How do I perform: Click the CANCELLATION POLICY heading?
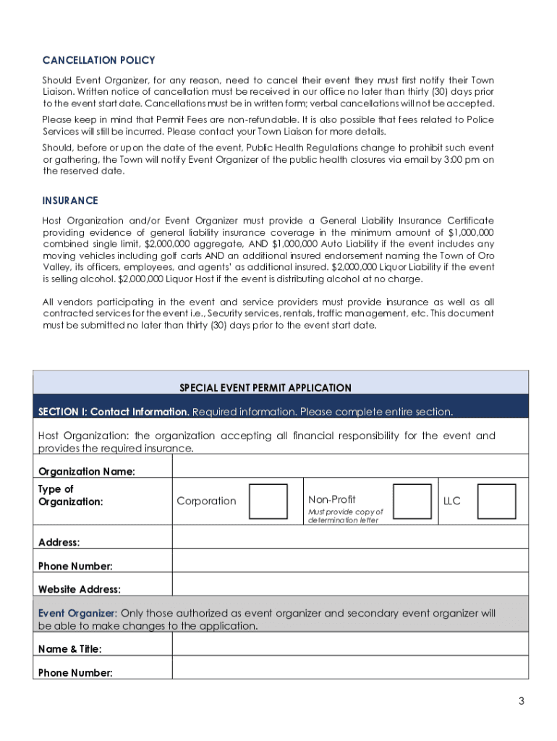(98, 61)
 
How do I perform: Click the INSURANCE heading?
(70, 200)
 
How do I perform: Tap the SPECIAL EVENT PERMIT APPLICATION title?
(265, 388)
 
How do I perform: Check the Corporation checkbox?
(268, 501)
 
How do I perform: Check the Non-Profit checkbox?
(412, 501)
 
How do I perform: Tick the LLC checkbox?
(496, 501)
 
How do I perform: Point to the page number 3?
(521, 700)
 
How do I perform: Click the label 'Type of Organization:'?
(70, 496)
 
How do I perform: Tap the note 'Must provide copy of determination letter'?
(345, 516)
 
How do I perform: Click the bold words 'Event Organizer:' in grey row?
(77, 614)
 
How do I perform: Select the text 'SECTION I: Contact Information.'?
(114, 412)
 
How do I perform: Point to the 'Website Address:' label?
(79, 590)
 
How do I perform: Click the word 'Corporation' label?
(206, 501)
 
